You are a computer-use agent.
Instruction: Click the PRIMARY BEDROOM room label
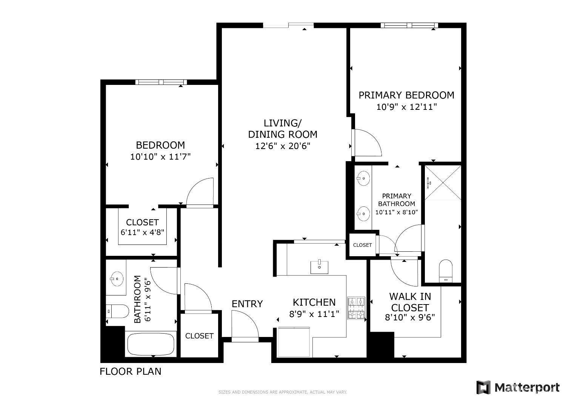coord(406,95)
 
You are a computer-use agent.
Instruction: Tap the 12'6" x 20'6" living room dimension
coord(283,146)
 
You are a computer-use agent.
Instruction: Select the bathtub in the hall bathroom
coord(151,344)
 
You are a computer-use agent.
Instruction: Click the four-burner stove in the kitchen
coord(356,308)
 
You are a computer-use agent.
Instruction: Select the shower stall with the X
coord(443,183)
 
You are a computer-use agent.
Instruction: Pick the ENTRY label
coord(247,304)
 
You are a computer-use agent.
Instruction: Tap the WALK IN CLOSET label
coord(410,302)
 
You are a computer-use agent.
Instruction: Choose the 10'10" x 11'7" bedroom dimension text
coord(160,157)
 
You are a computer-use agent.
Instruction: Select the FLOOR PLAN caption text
coord(130,371)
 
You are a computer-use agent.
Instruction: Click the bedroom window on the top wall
coord(161,82)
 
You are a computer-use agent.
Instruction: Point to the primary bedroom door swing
coord(368,142)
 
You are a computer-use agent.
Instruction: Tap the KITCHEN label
coord(314,302)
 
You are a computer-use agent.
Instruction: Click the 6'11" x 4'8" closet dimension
coord(142,232)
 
